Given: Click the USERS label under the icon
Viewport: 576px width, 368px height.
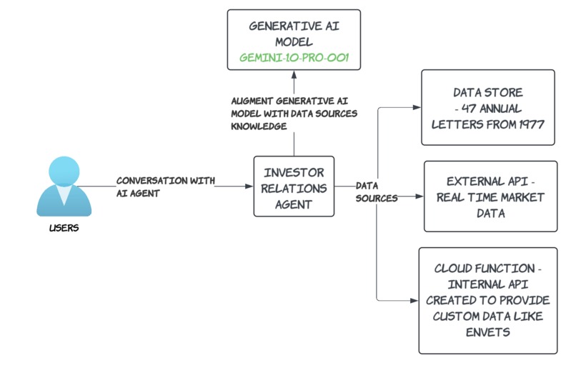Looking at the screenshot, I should [64, 229].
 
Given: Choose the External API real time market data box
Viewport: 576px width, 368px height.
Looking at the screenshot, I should [490, 196].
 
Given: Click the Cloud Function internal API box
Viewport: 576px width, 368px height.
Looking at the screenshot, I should [488, 300].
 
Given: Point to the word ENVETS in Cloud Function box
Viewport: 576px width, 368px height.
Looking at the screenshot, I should [488, 331].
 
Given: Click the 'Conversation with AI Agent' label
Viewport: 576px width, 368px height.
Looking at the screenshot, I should [166, 186].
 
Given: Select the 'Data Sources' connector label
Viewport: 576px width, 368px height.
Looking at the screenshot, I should [376, 192].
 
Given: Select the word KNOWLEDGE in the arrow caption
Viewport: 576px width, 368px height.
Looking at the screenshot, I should [259, 126].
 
